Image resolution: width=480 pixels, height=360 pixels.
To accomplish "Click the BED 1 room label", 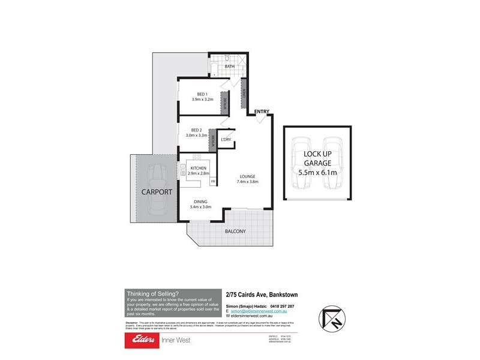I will [202, 94].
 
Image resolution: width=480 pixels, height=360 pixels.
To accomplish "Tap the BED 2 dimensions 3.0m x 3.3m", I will [196, 136].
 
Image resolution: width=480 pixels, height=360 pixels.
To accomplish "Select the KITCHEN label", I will [199, 168].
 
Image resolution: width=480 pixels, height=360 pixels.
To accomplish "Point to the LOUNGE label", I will [248, 176].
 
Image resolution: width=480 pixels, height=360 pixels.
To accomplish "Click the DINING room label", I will [201, 202].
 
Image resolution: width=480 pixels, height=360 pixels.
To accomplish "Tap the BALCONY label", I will [236, 231].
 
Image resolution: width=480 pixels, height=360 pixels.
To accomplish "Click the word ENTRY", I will [262, 112].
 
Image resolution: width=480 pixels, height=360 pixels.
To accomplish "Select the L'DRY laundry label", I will [226, 140].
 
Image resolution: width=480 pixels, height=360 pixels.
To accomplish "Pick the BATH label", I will [229, 67].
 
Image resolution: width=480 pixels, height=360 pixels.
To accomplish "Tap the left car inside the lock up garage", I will [301, 167].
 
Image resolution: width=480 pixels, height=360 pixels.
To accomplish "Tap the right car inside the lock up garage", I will [332, 167].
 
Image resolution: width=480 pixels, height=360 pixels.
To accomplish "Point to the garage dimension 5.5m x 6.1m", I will [316, 172].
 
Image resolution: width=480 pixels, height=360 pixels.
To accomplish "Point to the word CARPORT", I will [157, 193].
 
